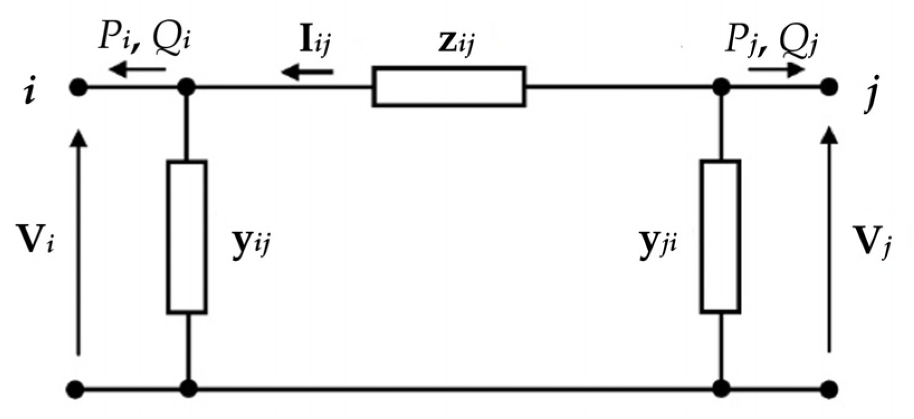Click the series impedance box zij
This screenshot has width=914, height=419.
(x=449, y=86)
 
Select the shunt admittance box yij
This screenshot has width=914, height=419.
(x=187, y=237)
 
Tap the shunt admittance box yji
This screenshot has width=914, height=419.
(x=721, y=237)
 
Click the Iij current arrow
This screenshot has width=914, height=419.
(x=308, y=71)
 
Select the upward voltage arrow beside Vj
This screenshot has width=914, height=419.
(x=830, y=240)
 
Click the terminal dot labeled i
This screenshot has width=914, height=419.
(x=78, y=88)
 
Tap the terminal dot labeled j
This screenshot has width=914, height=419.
(x=829, y=88)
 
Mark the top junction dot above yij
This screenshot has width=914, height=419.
(x=186, y=88)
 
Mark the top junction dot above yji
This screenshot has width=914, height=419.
(x=721, y=88)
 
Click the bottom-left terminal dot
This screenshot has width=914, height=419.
(x=78, y=388)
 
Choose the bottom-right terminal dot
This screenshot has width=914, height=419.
(x=829, y=388)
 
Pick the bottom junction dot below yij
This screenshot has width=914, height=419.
(x=188, y=388)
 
